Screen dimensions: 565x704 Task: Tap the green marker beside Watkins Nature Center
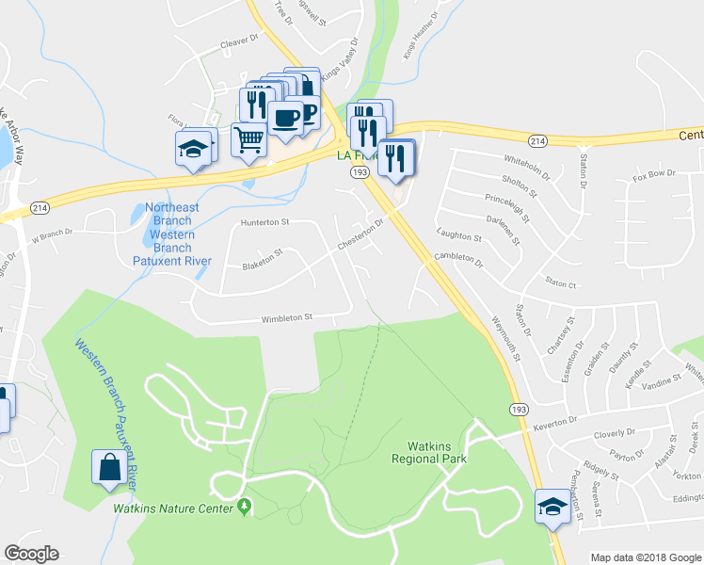[246, 508]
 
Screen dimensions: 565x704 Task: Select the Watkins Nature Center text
[172, 508]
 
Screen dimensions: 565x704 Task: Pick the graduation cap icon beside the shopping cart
[194, 149]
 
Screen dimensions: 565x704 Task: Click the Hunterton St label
[264, 221]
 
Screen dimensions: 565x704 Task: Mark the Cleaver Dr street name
[239, 41]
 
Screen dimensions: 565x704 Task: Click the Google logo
[31, 554]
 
